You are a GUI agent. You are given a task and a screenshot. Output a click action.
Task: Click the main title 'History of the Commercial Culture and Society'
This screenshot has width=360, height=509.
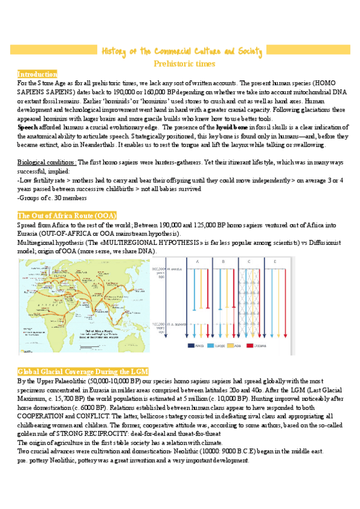click(x=181, y=52)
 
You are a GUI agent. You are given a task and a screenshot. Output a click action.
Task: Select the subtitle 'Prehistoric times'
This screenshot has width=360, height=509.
click(x=180, y=63)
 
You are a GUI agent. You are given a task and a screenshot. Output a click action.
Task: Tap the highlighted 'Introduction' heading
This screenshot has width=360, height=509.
click(x=37, y=74)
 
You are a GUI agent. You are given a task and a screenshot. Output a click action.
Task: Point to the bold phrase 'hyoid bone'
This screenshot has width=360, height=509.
click(x=232, y=128)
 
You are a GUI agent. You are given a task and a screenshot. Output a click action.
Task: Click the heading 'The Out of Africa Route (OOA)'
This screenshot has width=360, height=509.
click(x=67, y=215)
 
